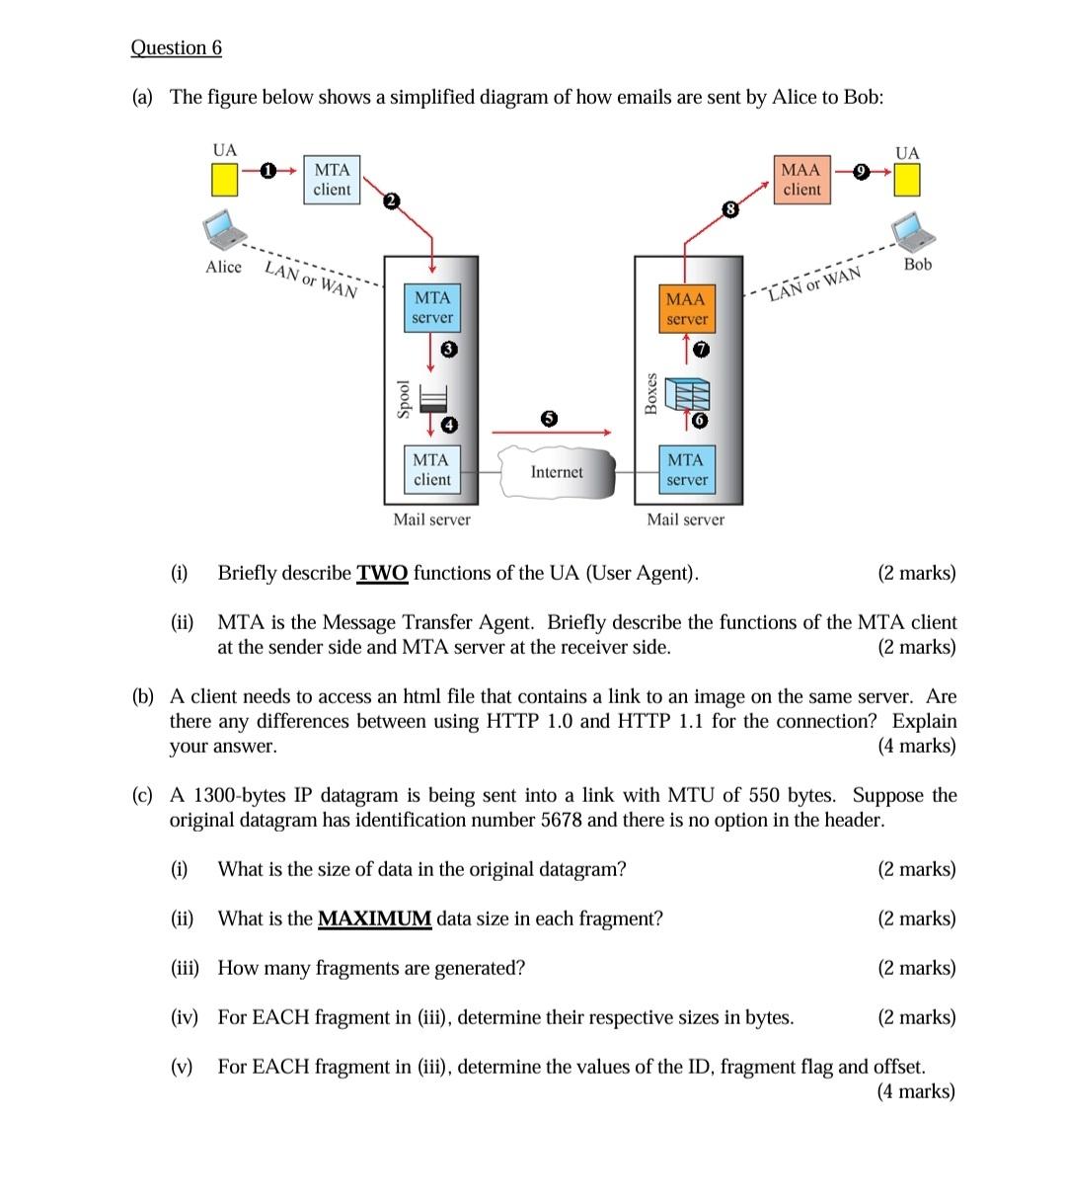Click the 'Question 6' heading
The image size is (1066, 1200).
click(x=177, y=47)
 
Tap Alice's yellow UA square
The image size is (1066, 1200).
click(x=224, y=180)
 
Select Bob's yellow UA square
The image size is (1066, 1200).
click(x=907, y=180)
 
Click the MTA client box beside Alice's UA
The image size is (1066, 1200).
click(x=332, y=180)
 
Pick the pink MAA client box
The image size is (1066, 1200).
click(x=800, y=180)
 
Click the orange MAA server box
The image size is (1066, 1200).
click(x=686, y=309)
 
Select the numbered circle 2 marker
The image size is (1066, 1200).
click(x=391, y=201)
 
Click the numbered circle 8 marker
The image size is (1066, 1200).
click(x=729, y=209)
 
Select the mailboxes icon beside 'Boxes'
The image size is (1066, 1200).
click(x=685, y=392)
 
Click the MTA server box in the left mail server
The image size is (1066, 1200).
click(x=432, y=308)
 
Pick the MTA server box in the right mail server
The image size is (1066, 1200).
click(x=686, y=470)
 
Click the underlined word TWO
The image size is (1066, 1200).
click(x=382, y=574)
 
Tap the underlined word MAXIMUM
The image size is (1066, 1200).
click(x=374, y=920)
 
